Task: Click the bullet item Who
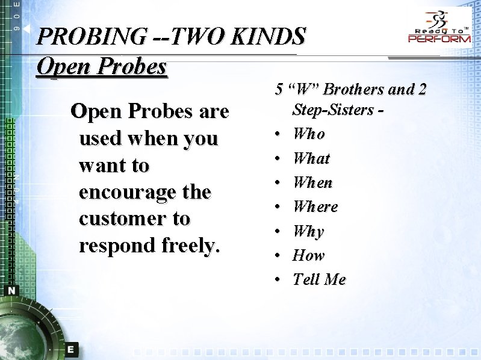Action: point(309,134)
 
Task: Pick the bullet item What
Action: point(311,158)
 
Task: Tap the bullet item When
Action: point(312,182)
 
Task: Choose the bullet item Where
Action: point(315,206)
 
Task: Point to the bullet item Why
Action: point(308,231)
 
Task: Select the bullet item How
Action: point(308,255)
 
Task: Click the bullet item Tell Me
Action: point(319,279)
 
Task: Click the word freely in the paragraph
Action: point(190,246)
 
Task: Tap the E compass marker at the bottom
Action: point(70,349)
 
